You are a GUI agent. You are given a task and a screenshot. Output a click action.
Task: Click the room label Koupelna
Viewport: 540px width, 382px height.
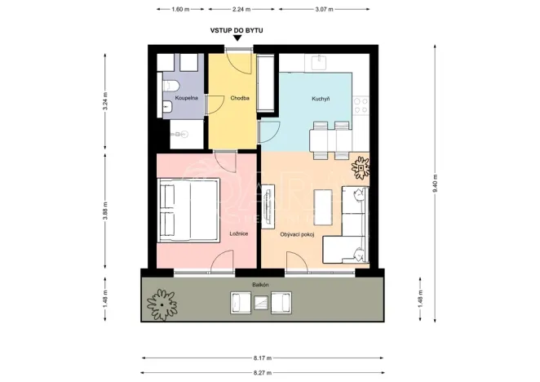point(178,99)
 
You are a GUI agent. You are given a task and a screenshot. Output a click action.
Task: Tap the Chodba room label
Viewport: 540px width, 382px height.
point(239,99)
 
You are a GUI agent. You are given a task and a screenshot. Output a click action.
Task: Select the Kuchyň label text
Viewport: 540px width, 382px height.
point(321,99)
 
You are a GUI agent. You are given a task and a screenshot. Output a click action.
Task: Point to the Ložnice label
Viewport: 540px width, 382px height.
point(239,233)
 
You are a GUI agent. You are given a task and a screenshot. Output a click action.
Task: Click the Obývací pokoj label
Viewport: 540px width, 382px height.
point(296,233)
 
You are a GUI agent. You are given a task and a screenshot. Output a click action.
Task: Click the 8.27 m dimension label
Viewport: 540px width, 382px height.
point(263,372)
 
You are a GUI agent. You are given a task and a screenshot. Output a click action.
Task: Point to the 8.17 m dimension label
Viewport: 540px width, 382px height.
point(263,358)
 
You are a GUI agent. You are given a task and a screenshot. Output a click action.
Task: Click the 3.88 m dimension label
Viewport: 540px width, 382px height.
point(105,209)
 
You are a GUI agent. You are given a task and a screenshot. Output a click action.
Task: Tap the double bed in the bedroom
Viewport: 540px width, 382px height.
point(189,210)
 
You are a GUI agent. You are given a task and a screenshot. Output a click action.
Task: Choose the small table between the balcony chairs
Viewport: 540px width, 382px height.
point(260,303)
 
